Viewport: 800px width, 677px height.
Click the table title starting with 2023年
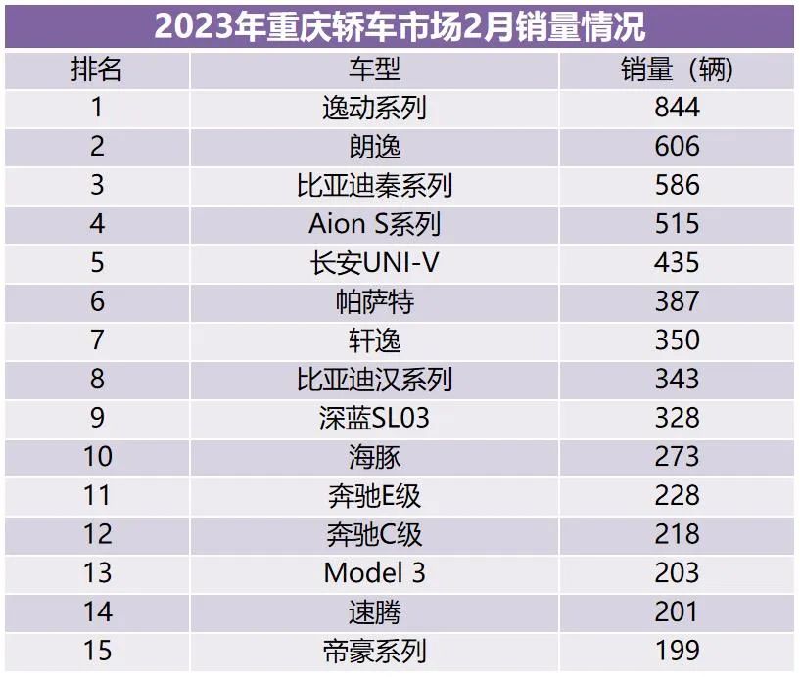400,26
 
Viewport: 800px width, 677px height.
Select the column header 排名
97,69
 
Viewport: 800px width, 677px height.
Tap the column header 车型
374,69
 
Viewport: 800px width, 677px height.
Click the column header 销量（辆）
677,69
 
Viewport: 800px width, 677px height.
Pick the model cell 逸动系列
374,108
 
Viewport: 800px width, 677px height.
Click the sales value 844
677,108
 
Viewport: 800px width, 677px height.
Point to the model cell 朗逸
374,147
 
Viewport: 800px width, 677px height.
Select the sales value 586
677,185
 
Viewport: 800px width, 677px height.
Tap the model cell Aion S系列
374,224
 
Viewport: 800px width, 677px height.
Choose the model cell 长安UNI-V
374,262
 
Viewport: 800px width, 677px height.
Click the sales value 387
677,301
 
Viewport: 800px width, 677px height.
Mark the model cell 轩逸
374,340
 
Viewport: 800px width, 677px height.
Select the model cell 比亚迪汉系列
374,379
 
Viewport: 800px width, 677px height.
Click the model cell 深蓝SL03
374,418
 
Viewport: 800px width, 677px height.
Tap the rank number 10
97,457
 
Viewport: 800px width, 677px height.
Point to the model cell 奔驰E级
374,495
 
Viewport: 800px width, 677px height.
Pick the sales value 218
677,534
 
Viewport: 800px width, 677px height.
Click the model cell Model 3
374,572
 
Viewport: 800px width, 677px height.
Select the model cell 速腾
374,612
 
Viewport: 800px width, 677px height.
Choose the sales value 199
677,651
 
